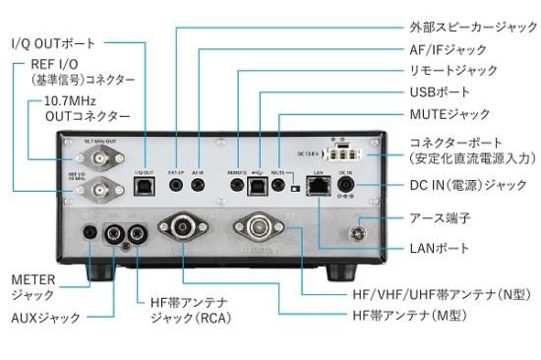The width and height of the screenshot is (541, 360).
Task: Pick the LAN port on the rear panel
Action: tap(318, 191)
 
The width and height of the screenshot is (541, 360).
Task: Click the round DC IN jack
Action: tap(346, 190)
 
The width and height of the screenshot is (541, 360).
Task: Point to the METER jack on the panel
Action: tap(90, 234)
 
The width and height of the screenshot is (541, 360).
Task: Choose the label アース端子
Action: tap(437, 219)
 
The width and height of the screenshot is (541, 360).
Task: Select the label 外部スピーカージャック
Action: tap(465, 27)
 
